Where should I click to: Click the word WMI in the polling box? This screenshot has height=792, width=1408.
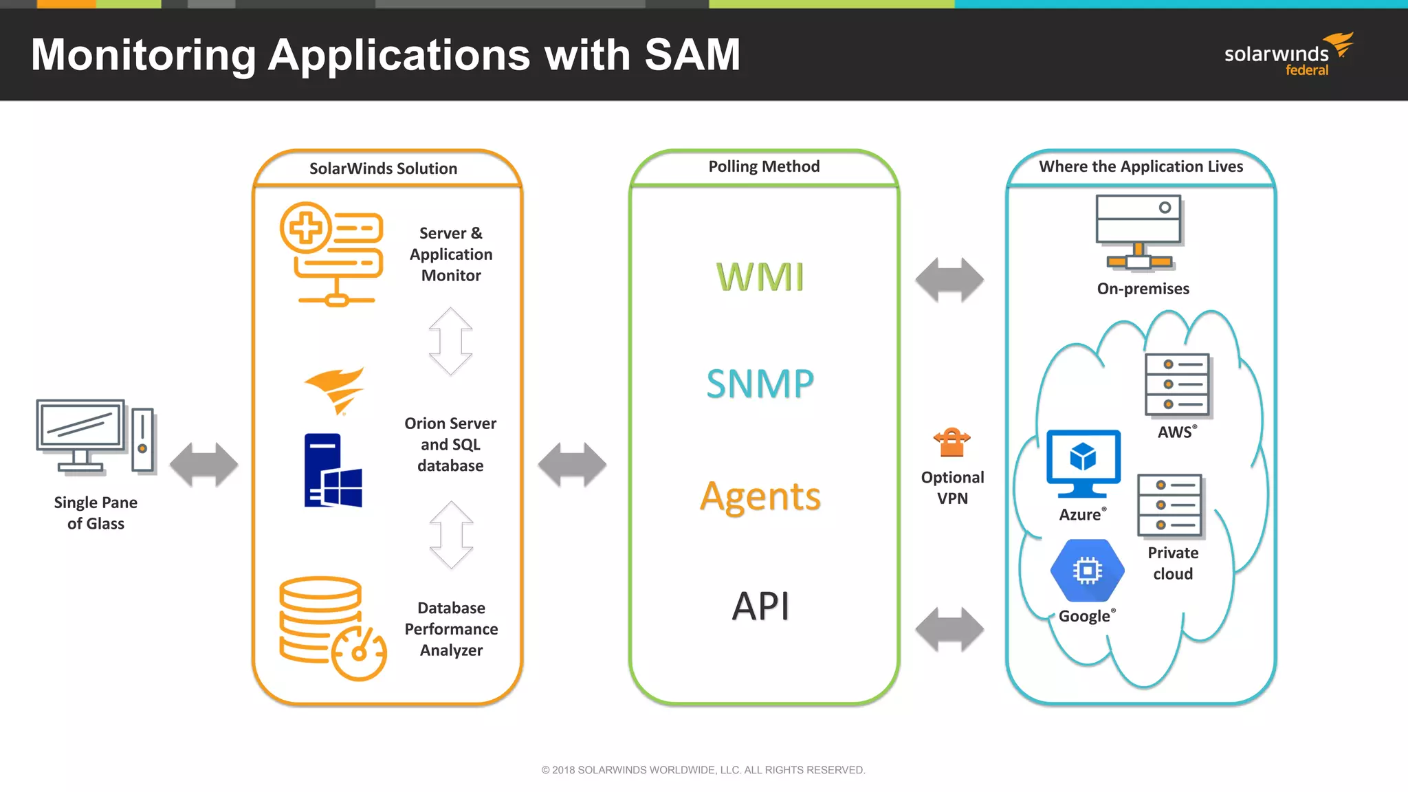click(x=760, y=277)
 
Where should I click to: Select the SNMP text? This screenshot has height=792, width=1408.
click(x=760, y=384)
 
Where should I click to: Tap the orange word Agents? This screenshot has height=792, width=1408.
click(x=760, y=496)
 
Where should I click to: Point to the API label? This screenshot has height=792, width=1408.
click(x=760, y=606)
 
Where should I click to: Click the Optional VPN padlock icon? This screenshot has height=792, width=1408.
click(x=952, y=442)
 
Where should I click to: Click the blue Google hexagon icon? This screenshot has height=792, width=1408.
click(x=1087, y=571)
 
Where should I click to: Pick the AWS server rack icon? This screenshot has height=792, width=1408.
click(x=1178, y=385)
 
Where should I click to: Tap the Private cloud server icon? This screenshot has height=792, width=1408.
click(x=1170, y=505)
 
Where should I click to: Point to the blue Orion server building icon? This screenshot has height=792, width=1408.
click(x=333, y=471)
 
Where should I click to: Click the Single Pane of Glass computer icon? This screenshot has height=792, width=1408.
click(x=95, y=437)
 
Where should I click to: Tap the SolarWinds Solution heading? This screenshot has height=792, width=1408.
click(x=383, y=168)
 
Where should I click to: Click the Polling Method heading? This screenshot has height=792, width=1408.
click(x=764, y=166)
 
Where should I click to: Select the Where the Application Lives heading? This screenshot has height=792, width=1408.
click(x=1141, y=166)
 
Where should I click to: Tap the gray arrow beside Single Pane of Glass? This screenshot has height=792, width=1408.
click(x=203, y=465)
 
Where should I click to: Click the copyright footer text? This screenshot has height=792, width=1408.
click(x=703, y=770)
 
